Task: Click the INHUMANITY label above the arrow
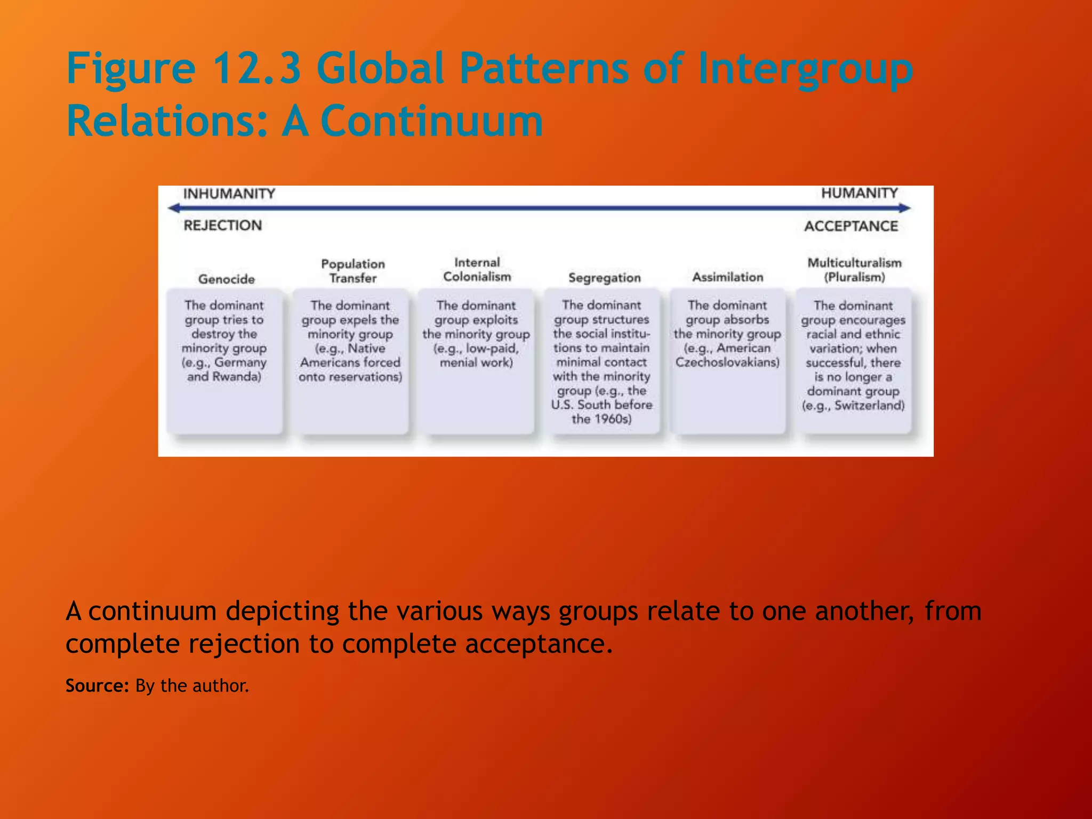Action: pos(229,194)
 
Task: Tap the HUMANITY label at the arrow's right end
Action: pos(859,193)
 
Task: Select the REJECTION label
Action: pos(222,226)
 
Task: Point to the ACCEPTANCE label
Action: pos(851,226)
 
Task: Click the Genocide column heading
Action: pos(226,279)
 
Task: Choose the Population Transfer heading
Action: pos(352,271)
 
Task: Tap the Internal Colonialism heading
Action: pos(477,269)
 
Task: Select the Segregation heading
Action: pos(604,278)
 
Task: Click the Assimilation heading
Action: pos(728,277)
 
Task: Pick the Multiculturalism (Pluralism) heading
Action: pos(854,270)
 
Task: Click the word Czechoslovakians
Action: pos(727,363)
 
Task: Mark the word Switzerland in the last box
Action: pos(869,405)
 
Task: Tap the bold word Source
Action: pos(97,686)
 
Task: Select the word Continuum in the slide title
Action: pos(431,121)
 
